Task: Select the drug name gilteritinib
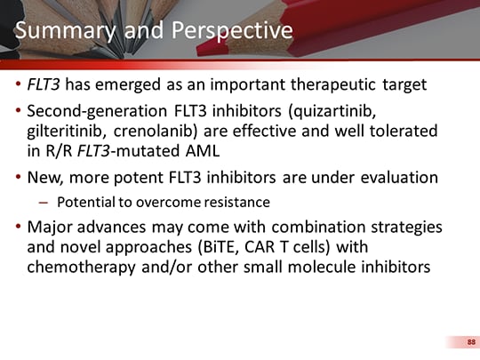point(70,131)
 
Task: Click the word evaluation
point(397,177)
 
